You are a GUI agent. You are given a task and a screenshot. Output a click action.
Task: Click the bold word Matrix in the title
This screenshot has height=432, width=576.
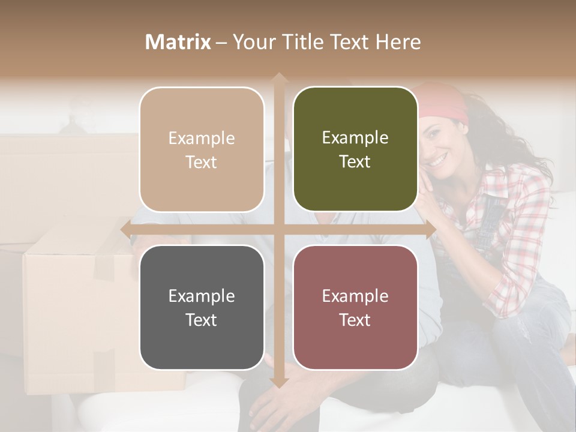click(178, 42)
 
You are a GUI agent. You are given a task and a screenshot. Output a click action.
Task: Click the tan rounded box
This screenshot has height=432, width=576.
click(202, 150)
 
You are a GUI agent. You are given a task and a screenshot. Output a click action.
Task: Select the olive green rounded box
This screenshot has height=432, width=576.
click(355, 150)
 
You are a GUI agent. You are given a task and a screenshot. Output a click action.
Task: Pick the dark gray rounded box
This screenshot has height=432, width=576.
click(202, 307)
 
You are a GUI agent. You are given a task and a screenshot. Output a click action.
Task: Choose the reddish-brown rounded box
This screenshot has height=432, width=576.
click(355, 307)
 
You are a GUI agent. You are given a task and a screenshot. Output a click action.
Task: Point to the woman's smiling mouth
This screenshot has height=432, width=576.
click(439, 160)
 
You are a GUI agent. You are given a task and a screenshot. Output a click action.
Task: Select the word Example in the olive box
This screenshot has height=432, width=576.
click(355, 138)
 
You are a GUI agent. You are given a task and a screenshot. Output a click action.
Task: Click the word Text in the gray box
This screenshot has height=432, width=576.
click(202, 320)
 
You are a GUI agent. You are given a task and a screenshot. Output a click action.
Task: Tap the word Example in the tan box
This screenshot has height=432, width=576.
click(202, 139)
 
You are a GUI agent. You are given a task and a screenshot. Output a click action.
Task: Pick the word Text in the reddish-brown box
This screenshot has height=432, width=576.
click(355, 320)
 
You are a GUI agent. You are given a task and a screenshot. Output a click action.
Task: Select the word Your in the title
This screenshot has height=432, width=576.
click(251, 42)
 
